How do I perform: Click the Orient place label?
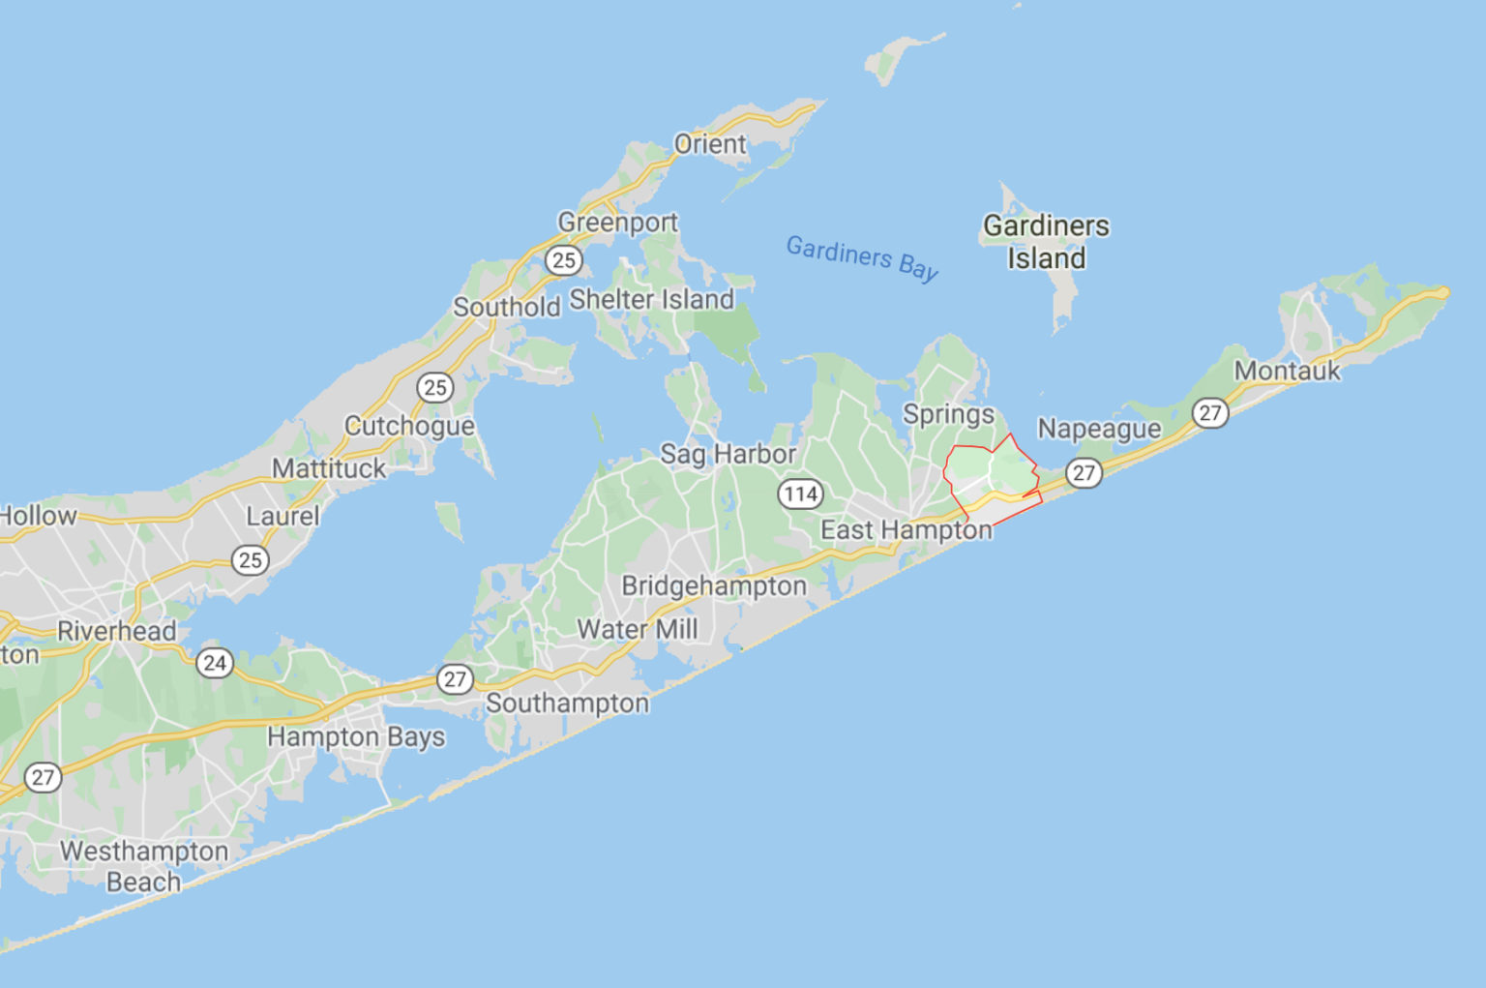(710, 144)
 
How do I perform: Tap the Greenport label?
(617, 222)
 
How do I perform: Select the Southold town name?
(506, 307)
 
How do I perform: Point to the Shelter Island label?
(651, 299)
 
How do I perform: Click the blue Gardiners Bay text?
(862, 256)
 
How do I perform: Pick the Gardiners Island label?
(1046, 242)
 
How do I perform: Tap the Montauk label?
(1287, 371)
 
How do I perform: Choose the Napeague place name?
(1099, 428)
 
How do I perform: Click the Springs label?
(948, 414)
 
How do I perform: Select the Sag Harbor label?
(728, 453)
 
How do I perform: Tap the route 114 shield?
(800, 494)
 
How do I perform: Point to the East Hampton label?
(906, 529)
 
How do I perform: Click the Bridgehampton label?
(713, 585)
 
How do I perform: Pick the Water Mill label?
(637, 629)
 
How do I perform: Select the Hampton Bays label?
(356, 736)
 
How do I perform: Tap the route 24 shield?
(215, 663)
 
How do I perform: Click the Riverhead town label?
(116, 631)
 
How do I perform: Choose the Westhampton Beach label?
(144, 866)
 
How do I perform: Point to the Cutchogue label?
(409, 426)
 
